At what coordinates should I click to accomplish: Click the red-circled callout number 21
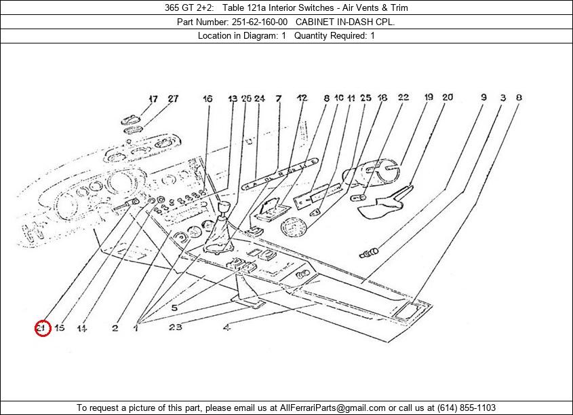point(42,329)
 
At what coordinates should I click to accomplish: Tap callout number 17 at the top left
point(153,98)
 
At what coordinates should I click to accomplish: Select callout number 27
point(173,98)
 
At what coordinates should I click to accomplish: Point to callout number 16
point(207,98)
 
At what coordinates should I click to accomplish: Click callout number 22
point(403,98)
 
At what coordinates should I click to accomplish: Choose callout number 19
point(429,98)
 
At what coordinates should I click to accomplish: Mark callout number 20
point(448,98)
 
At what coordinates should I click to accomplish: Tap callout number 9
point(483,98)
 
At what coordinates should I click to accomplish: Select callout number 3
point(502,98)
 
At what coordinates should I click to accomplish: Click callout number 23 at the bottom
point(176,328)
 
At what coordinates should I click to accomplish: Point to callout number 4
point(226,328)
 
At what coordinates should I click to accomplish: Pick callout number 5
point(174,308)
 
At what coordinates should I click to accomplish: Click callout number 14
point(81,329)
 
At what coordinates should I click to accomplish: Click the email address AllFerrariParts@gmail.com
point(328,408)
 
